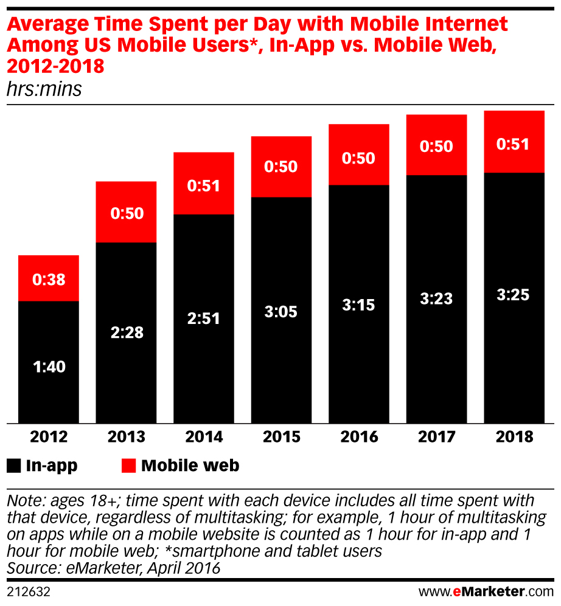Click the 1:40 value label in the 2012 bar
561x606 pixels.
[x=49, y=367]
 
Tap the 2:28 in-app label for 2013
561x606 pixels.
[x=127, y=333]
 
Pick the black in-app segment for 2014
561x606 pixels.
[x=204, y=365]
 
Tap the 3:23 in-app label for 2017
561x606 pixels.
[x=436, y=298]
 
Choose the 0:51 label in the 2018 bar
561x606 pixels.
[x=514, y=145]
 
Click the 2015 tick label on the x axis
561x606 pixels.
[x=281, y=436]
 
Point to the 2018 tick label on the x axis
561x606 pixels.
[x=514, y=436]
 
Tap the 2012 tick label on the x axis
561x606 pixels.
[x=49, y=436]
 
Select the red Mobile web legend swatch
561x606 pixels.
[x=129, y=466]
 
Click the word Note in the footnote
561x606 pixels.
[x=23, y=501]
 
